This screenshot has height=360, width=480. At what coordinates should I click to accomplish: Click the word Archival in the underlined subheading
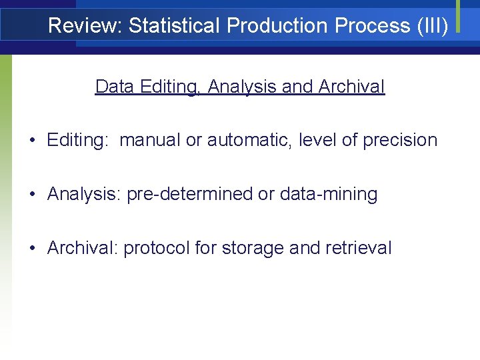(x=351, y=87)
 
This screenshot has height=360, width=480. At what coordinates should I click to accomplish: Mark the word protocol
(x=156, y=249)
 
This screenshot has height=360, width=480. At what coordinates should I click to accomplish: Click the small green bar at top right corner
(x=458, y=15)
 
